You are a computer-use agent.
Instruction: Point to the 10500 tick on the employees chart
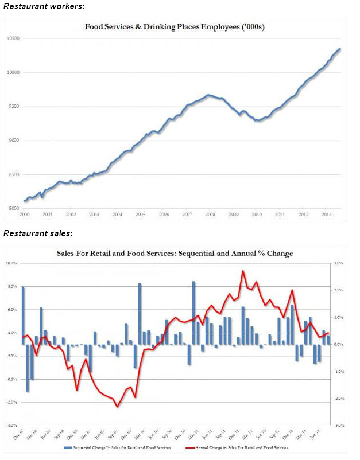coord(13,38)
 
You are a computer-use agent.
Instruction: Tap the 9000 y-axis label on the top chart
coord(14,141)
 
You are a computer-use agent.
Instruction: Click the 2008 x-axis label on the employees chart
coord(211,215)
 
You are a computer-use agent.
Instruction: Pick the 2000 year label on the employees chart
coord(24,215)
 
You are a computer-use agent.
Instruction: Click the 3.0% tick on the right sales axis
coord(339,263)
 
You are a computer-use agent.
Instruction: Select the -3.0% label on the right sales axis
coord(339,426)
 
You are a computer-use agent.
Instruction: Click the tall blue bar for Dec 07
coord(24,315)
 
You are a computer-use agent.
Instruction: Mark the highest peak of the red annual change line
coord(243,271)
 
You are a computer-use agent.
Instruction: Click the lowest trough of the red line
coord(117,407)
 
